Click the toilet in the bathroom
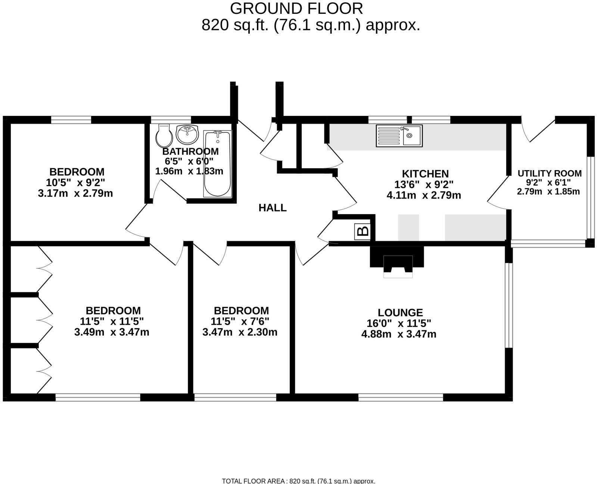pos(164,136)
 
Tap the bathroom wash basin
pos(187,135)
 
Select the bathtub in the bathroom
pos(217,164)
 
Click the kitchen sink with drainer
pos(399,136)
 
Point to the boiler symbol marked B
pos(363,231)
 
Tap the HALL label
pos(273,208)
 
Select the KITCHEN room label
pos(425,174)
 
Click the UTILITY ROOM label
pos(549,173)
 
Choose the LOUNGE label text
pos(400,312)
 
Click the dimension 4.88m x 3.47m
pos(399,334)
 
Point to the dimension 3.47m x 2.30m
pos(240,332)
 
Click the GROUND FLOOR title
pos(296,8)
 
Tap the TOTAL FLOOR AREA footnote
pos(298,481)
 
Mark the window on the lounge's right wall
pos(509,305)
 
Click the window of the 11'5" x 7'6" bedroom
pos(235,397)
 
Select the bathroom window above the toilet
pos(171,120)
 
